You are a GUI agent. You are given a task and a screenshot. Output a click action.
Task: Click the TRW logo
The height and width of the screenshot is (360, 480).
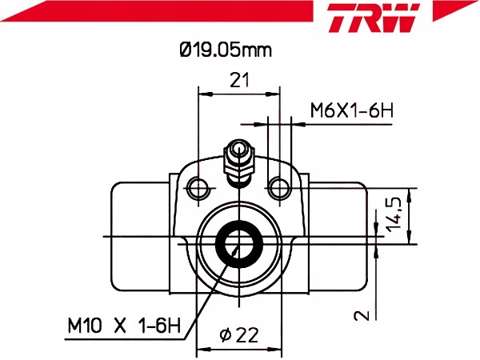point(374,18)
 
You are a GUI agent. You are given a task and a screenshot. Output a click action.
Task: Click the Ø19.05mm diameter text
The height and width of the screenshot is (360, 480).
point(226,50)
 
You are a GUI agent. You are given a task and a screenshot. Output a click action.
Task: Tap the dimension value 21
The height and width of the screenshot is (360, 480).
point(239,80)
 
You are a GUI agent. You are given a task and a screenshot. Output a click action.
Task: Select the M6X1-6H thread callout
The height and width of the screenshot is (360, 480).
point(351,110)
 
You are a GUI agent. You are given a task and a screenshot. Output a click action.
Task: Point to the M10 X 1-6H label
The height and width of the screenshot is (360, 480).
point(124,325)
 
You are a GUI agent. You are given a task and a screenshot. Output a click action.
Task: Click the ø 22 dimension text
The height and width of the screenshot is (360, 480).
point(239,335)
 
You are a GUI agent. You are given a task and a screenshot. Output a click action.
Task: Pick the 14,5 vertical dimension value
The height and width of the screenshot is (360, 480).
point(394,214)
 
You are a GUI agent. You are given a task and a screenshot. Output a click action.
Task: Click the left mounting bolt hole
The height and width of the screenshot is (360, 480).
point(198,188)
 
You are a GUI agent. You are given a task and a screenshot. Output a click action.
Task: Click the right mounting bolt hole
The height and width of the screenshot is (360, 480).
point(279,188)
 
